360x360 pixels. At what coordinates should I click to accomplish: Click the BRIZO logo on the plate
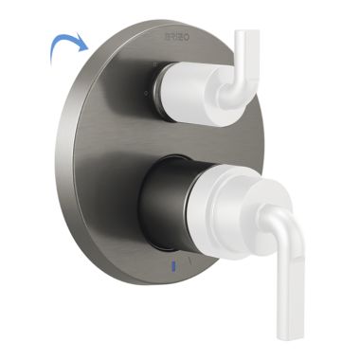(x=178, y=35)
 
